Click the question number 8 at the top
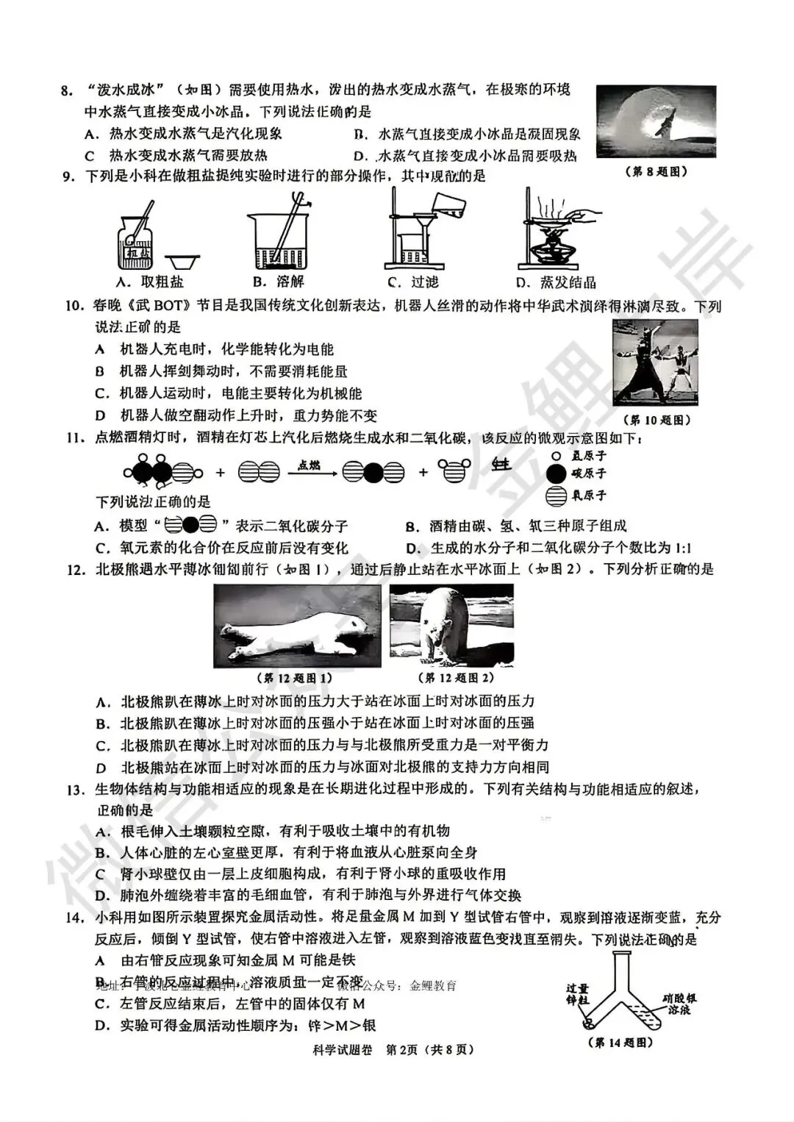coord(67,91)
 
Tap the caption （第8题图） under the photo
coord(656,171)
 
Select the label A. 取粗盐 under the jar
coord(150,282)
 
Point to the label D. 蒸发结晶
coord(556,282)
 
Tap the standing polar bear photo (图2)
coord(451,625)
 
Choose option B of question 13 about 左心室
coord(287,852)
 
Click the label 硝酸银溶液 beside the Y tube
coord(679,1004)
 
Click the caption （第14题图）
coord(620,1042)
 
